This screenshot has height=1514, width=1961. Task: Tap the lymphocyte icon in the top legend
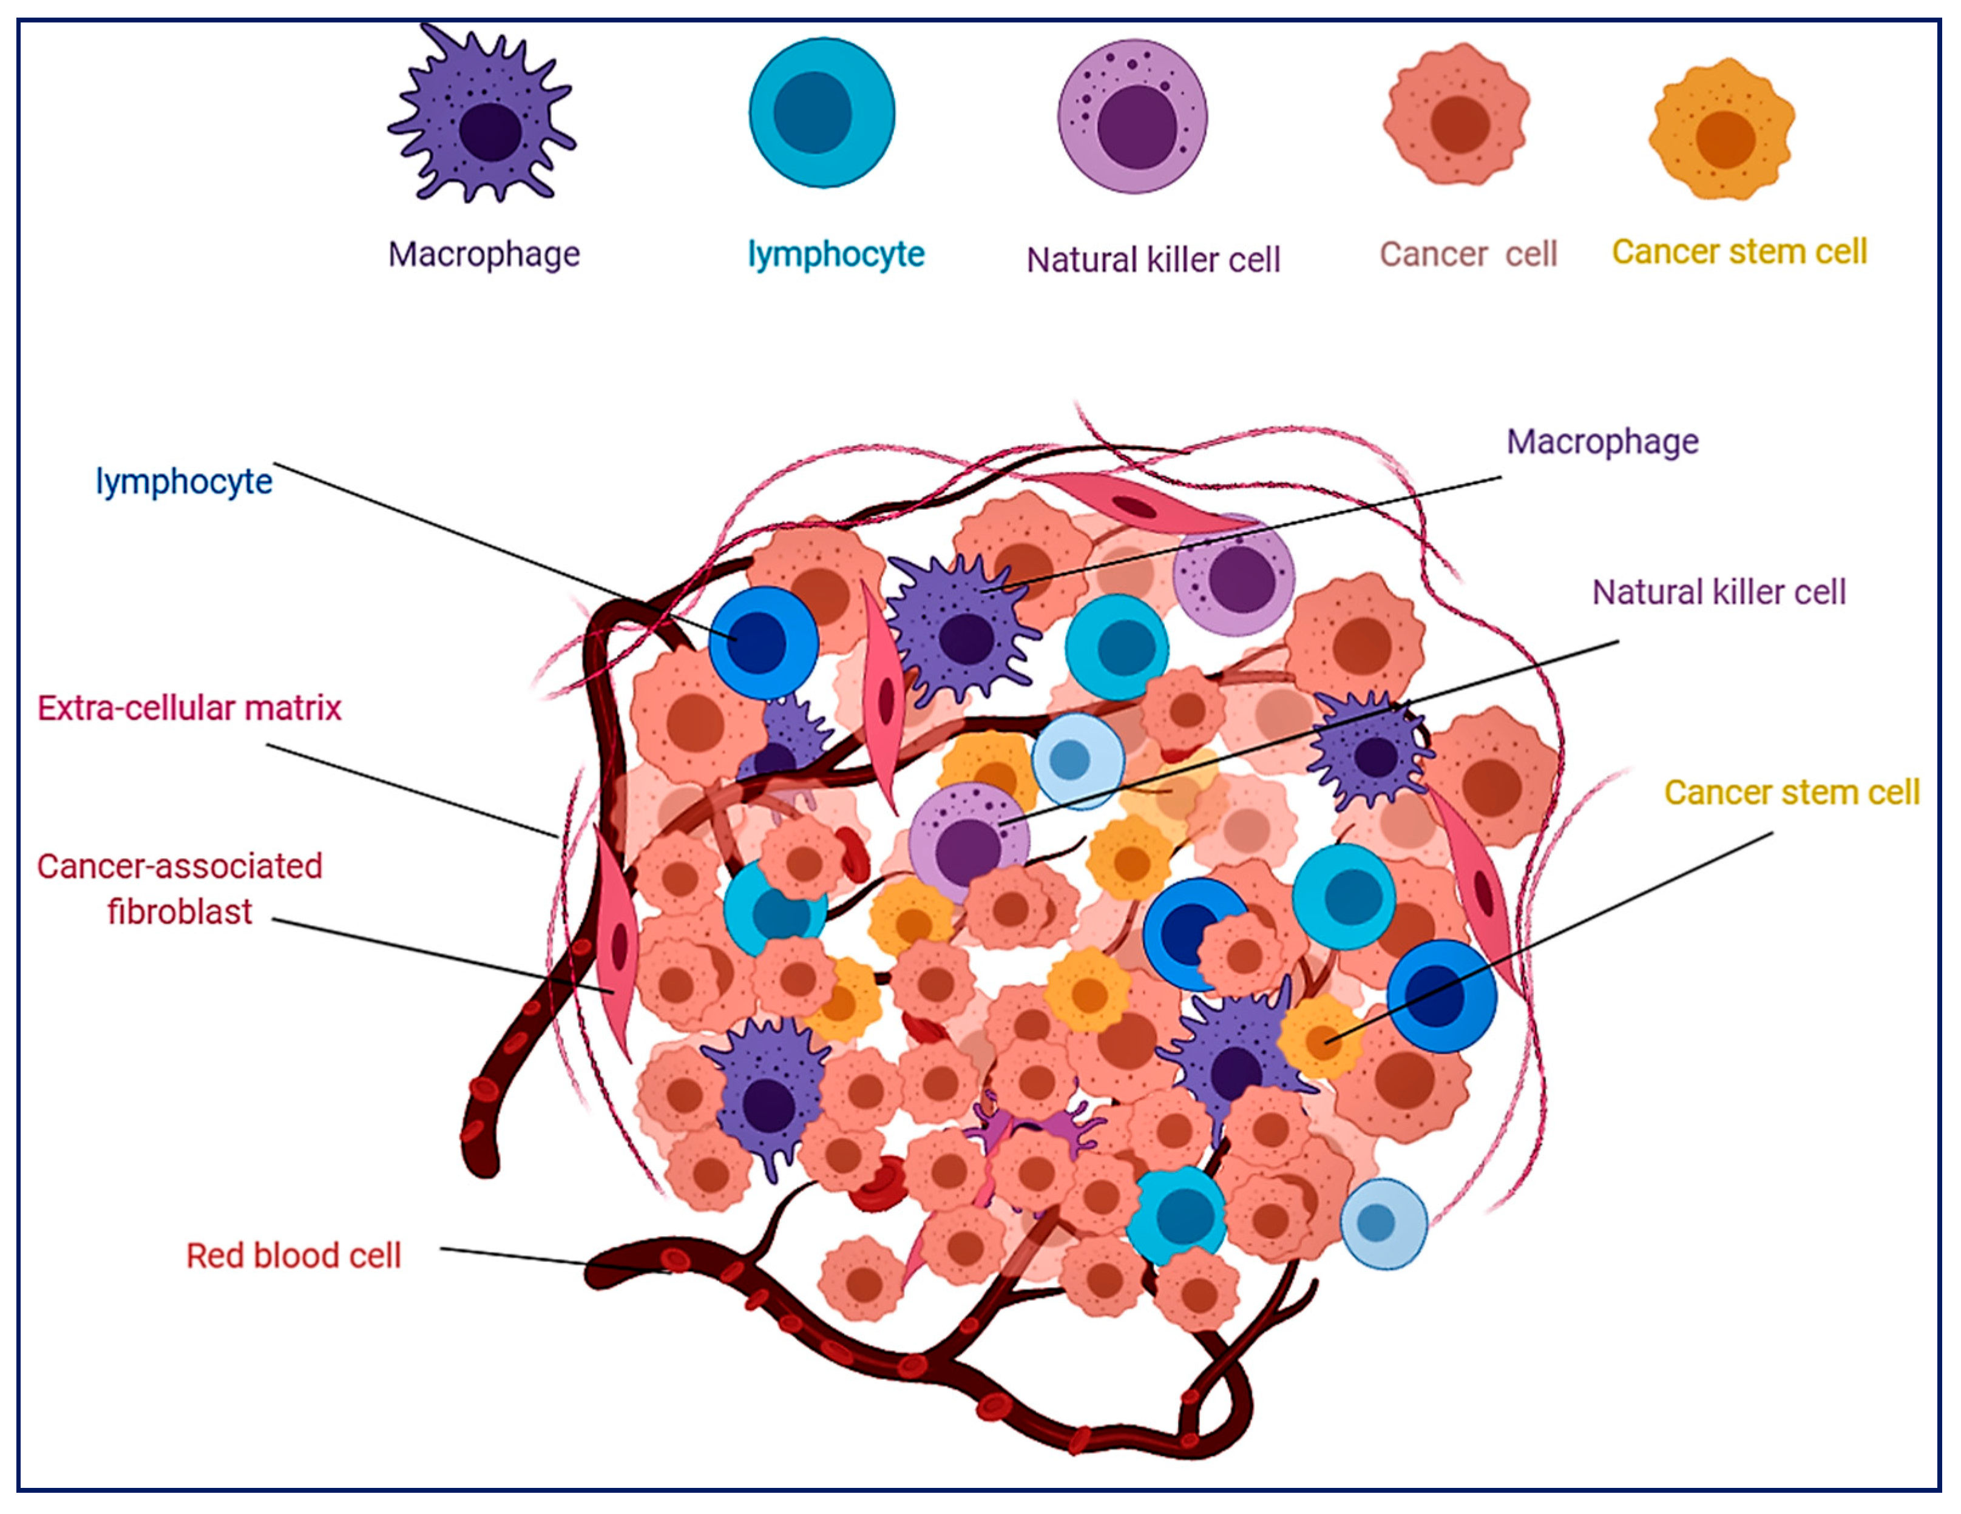[x=822, y=112]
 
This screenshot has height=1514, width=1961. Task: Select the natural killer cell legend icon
[x=1133, y=117]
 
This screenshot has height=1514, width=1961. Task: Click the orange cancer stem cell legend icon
[x=1721, y=130]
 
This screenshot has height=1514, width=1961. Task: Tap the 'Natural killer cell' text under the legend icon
[x=1153, y=260]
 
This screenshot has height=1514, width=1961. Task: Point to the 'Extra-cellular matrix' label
[x=189, y=709]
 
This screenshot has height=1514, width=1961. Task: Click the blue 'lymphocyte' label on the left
[x=184, y=482]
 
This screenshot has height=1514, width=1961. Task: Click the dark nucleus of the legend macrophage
[x=490, y=132]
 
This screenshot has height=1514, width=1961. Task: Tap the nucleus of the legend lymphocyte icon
[x=813, y=112]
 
